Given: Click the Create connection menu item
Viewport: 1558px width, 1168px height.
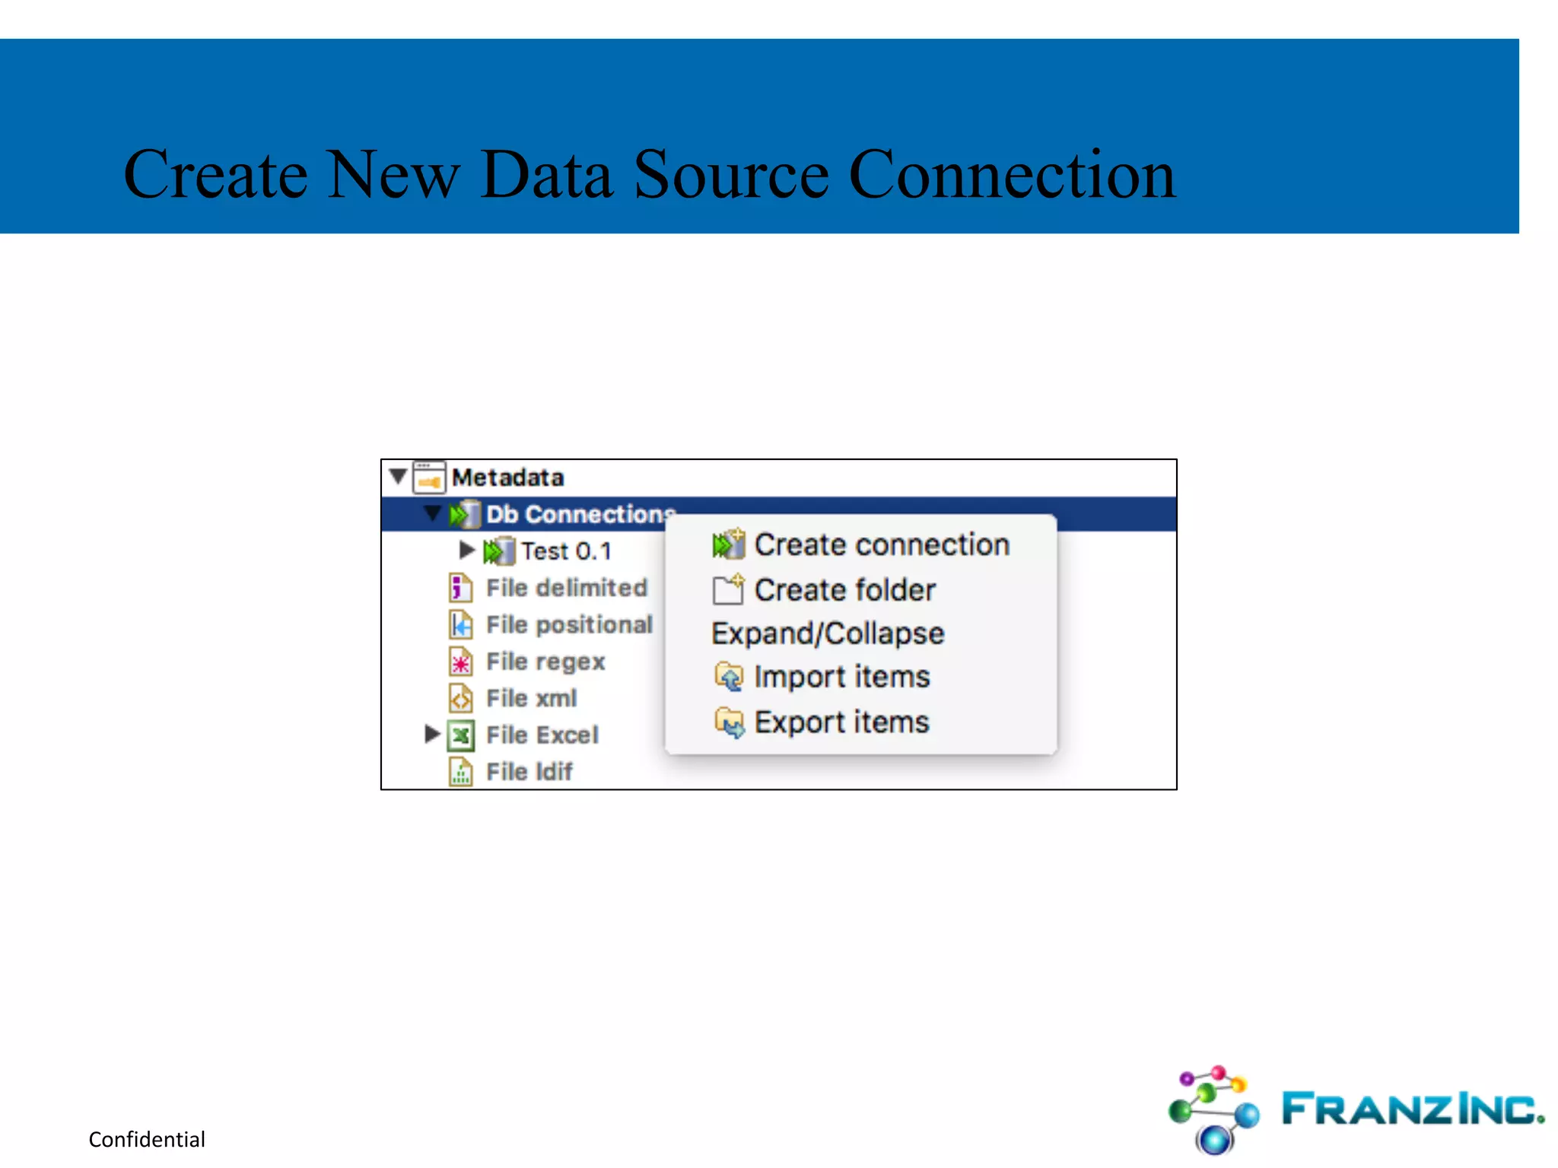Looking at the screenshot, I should [881, 545].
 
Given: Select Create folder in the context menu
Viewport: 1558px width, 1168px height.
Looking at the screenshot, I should [844, 590].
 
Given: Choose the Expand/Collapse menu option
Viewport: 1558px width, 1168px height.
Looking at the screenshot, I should [828, 633].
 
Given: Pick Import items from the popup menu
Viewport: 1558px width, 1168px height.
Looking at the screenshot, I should [841, 677].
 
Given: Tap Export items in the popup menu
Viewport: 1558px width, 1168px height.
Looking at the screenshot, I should [841, 722].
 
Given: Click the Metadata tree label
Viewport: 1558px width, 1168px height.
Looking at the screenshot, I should [507, 478].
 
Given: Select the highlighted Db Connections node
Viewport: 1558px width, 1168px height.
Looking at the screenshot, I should [580, 514].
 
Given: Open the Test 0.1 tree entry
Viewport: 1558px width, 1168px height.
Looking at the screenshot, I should [566, 551].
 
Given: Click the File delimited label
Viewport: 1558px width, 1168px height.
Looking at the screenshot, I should [567, 588].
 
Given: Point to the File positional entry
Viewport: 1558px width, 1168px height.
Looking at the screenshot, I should [569, 624].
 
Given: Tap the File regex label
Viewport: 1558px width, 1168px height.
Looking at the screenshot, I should [545, 662].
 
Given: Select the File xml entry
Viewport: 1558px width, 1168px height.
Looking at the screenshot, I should [531, 698].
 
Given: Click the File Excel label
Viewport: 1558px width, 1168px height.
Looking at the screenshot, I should [542, 735].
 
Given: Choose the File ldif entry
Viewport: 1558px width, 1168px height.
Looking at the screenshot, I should [529, 771].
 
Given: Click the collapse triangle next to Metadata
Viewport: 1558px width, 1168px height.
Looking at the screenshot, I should [397, 477].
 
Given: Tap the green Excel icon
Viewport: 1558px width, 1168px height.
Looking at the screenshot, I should [461, 735].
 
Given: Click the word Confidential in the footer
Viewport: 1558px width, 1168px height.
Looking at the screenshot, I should [147, 1139].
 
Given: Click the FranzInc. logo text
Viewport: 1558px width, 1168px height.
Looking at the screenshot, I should [1412, 1109].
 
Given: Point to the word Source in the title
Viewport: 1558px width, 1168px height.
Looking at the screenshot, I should [730, 175].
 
